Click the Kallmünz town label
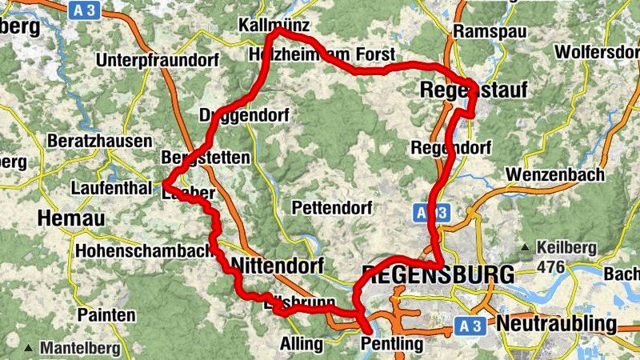[273, 26]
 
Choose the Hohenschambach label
[143, 250]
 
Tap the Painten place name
[106, 314]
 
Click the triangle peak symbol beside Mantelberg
[29, 348]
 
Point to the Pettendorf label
[332, 208]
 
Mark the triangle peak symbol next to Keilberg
[526, 247]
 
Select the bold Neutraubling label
[557, 324]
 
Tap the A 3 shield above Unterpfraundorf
[84, 10]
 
